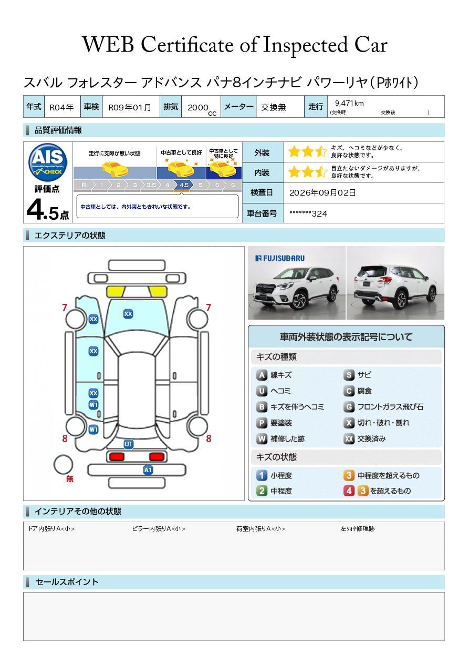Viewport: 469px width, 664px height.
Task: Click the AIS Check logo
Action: (48, 162)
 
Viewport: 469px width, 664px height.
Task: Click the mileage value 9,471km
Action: (349, 103)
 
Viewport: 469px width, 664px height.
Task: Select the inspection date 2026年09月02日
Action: (322, 192)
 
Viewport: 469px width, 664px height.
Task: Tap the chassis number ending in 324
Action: (308, 214)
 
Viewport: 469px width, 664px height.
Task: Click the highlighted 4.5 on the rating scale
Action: (184, 185)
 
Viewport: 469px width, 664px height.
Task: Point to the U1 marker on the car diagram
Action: (128, 444)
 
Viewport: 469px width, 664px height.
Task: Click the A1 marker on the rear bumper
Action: (148, 470)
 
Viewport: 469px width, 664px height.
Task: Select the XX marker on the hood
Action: (128, 314)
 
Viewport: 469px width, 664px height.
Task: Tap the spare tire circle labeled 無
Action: (63, 465)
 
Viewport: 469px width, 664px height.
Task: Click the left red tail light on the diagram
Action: (117, 456)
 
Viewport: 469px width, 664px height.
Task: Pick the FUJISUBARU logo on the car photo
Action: (279, 258)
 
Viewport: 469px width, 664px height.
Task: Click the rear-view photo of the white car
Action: (395, 283)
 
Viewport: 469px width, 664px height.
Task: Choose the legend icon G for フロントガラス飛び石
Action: (349, 407)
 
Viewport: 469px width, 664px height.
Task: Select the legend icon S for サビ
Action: (349, 375)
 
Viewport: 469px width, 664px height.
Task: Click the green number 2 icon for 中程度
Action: (262, 491)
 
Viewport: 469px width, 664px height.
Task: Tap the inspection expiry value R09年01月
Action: (130, 107)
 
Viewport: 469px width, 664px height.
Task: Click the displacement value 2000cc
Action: (202, 109)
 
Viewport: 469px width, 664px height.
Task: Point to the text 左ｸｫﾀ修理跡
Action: (357, 528)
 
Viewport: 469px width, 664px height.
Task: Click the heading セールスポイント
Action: (67, 581)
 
